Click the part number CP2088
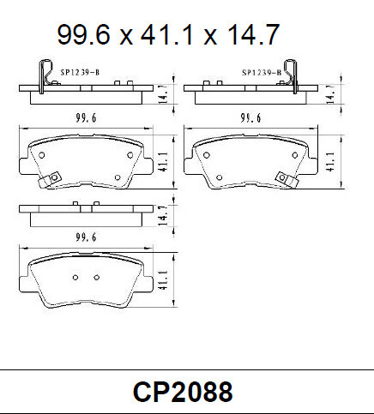[x=182, y=392]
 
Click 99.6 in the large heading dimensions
[x=84, y=35]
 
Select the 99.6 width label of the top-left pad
[x=82, y=119]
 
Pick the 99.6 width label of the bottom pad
[x=82, y=237]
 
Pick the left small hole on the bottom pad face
[x=75, y=277]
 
